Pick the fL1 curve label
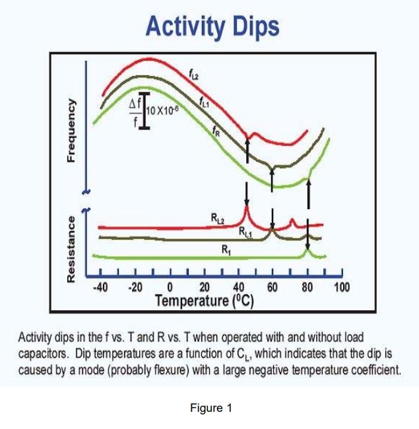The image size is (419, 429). point(205,100)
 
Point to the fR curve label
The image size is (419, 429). point(216,131)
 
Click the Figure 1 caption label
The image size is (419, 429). point(210,408)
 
